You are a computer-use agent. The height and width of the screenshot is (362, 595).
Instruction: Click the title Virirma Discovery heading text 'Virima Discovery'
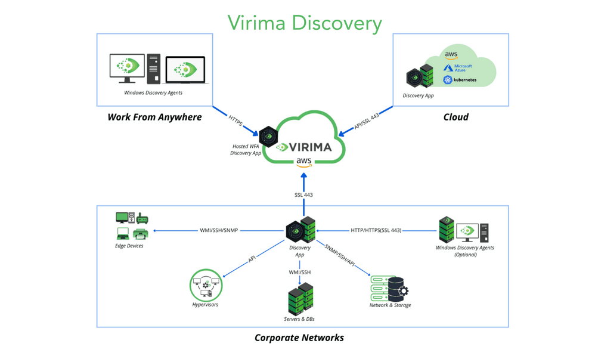click(305, 23)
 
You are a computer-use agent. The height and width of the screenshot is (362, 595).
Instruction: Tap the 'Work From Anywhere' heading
click(154, 117)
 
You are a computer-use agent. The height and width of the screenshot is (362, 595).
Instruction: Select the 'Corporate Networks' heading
click(299, 338)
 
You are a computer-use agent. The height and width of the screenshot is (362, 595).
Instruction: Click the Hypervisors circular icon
click(205, 284)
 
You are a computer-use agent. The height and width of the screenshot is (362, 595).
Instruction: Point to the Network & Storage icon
click(389, 288)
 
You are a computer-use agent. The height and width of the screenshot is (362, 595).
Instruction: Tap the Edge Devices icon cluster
click(131, 226)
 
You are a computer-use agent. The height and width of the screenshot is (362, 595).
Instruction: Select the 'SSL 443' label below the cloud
click(303, 195)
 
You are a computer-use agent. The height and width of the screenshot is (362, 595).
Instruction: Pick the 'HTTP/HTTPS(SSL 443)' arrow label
click(376, 230)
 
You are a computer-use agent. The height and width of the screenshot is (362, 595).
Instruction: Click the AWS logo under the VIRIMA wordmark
click(304, 162)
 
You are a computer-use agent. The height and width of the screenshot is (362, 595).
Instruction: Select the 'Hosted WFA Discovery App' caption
click(246, 150)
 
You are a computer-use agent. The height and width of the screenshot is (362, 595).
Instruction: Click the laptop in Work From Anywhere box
click(185, 70)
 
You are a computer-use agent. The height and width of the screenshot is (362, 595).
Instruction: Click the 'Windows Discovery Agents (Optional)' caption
click(465, 251)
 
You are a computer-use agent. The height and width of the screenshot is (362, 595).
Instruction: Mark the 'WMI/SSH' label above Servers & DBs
click(299, 272)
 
